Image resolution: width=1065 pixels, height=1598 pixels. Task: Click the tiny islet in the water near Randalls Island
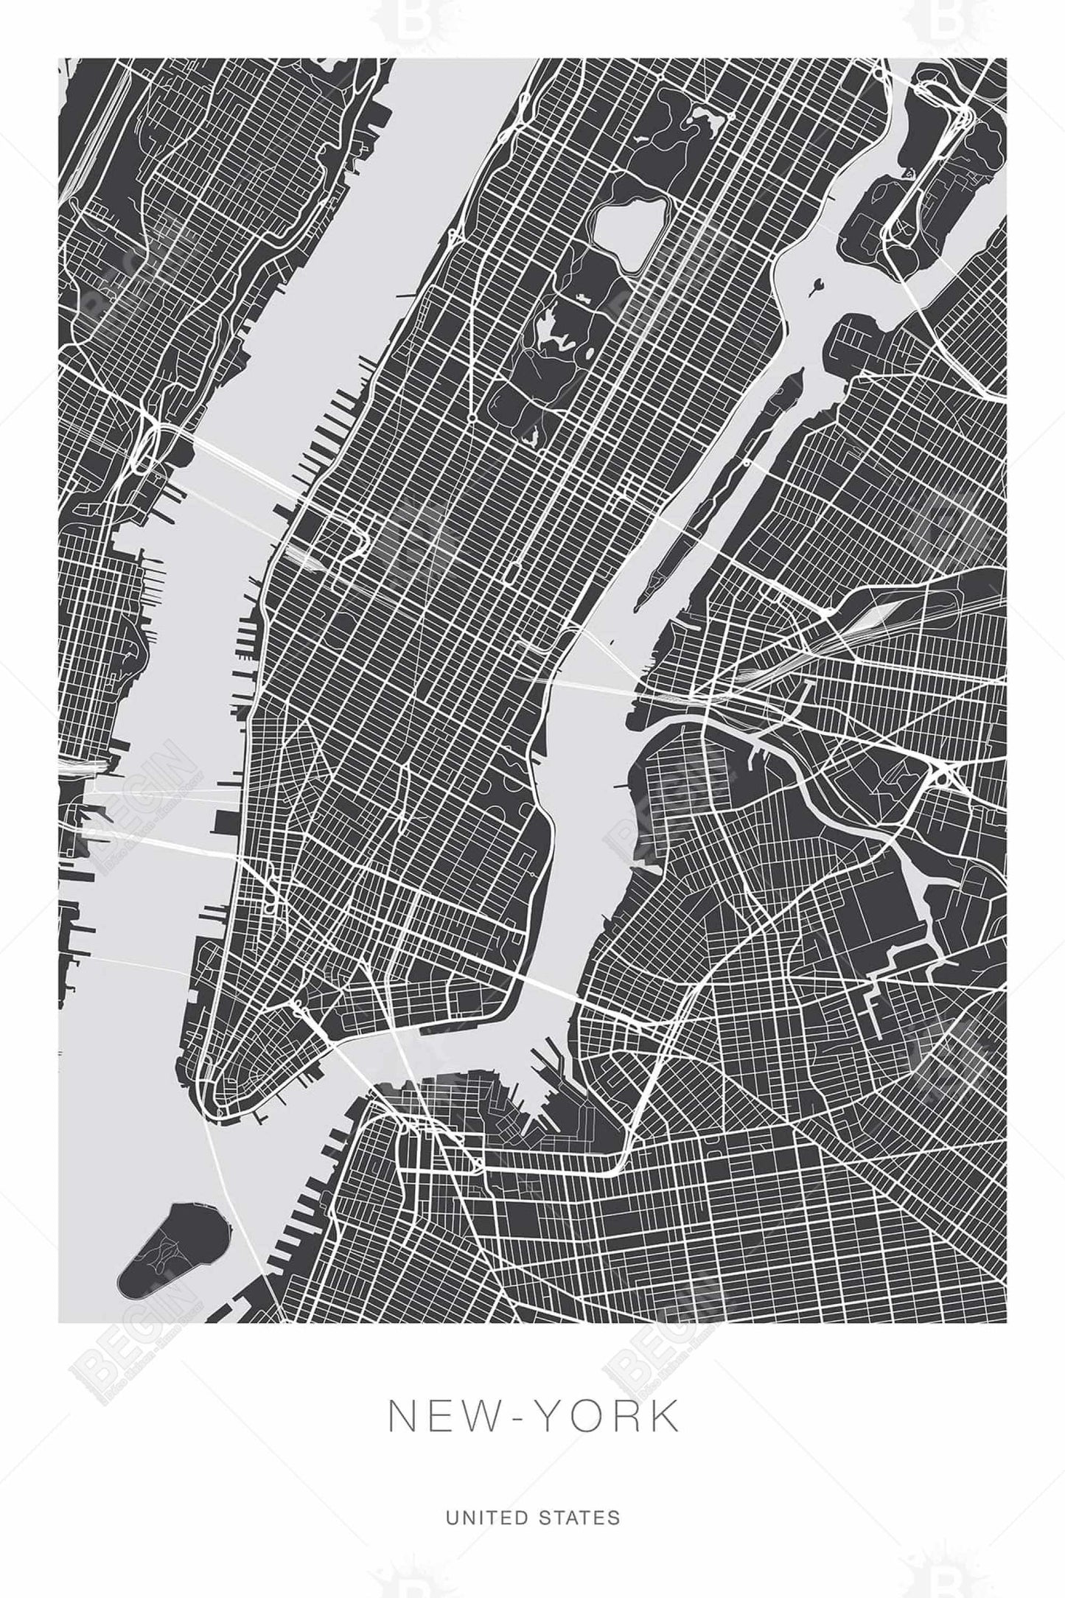[x=817, y=284]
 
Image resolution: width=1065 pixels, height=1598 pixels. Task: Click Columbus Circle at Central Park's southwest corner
[x=470, y=418]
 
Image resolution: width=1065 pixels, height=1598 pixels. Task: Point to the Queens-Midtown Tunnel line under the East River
[x=590, y=685]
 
